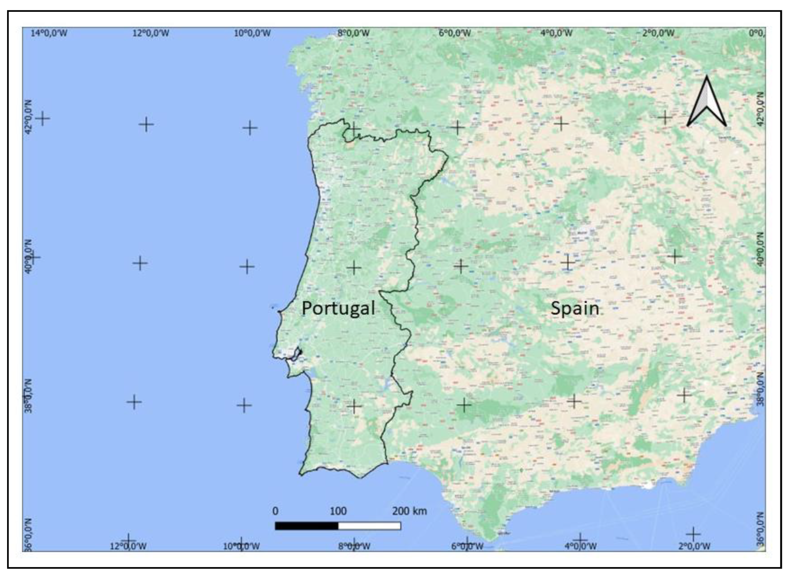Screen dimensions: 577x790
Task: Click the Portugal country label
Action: click(x=338, y=308)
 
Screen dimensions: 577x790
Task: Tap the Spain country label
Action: click(x=575, y=308)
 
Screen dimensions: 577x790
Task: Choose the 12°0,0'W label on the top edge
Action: click(x=151, y=33)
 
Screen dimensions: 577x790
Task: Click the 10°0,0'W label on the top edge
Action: click(x=252, y=33)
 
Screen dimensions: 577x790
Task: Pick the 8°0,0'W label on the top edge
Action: click(x=353, y=33)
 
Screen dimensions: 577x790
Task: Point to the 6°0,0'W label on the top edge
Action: click(x=454, y=33)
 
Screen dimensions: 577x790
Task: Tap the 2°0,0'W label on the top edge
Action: click(x=658, y=33)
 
